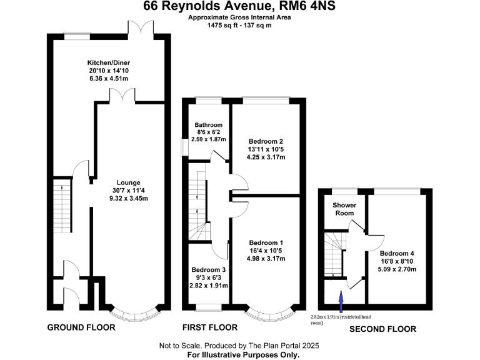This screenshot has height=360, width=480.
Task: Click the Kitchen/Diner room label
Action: click(x=109, y=62)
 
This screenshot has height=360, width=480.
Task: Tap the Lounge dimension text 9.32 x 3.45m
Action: click(x=129, y=198)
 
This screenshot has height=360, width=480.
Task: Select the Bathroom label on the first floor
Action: click(x=209, y=125)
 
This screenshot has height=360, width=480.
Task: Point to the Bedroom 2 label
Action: click(x=266, y=141)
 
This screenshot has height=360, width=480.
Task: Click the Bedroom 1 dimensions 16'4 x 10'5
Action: click(x=266, y=251)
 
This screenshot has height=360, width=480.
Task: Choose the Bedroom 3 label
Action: click(x=209, y=270)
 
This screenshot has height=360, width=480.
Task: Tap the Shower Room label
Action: click(x=344, y=209)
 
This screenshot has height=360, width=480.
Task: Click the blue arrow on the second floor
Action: click(x=341, y=301)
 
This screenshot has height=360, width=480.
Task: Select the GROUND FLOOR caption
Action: click(x=81, y=327)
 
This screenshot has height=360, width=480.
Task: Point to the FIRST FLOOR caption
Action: click(x=210, y=327)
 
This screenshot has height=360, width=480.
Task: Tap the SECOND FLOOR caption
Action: click(x=382, y=329)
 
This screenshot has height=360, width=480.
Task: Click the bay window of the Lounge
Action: click(x=135, y=313)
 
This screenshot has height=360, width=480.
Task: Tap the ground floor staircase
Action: click(x=62, y=206)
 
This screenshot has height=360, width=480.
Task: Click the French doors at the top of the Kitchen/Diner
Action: click(x=141, y=30)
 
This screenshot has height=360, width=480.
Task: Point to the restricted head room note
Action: click(x=341, y=320)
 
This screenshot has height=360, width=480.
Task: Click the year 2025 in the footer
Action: click(x=310, y=346)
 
